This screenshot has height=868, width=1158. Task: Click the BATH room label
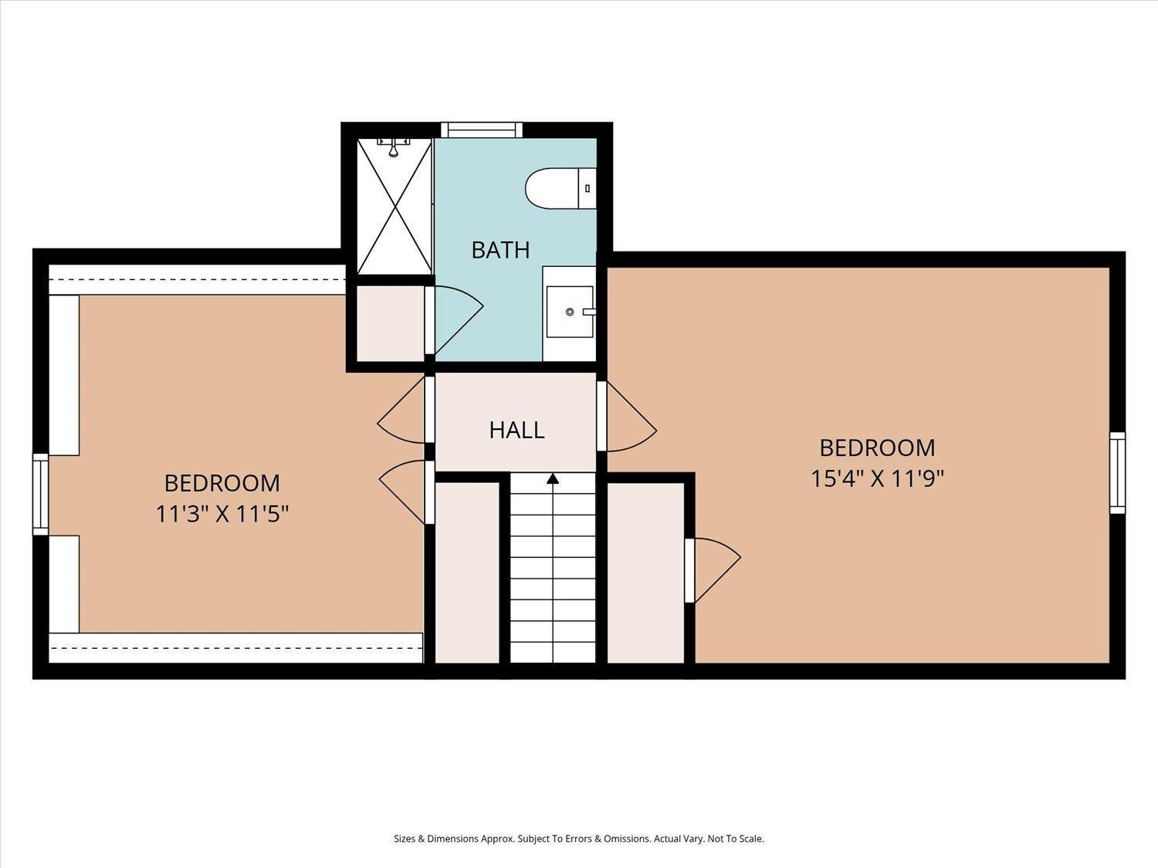[500, 250]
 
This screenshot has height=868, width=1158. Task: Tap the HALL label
[516, 430]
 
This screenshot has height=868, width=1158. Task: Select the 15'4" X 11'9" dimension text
[877, 479]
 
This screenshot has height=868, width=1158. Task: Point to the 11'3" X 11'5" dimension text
[222, 514]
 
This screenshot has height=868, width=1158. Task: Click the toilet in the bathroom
[560, 188]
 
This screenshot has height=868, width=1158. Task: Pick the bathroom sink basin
[570, 312]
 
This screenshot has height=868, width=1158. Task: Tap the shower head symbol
[393, 147]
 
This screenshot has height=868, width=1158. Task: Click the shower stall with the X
[394, 206]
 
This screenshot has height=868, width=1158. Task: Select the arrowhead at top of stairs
[552, 478]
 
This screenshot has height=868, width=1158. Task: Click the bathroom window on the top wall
[481, 130]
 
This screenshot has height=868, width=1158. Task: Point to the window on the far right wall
[1117, 472]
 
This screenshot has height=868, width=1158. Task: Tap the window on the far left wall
[41, 495]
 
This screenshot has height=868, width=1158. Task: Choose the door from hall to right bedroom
[627, 417]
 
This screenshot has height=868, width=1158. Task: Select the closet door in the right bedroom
[713, 570]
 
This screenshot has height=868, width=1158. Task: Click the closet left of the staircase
[467, 572]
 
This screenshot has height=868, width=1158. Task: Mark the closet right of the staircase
[645, 572]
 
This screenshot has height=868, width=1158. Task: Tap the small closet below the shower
[391, 323]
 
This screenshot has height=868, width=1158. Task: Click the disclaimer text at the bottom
[579, 839]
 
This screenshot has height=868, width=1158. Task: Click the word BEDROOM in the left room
[222, 483]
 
